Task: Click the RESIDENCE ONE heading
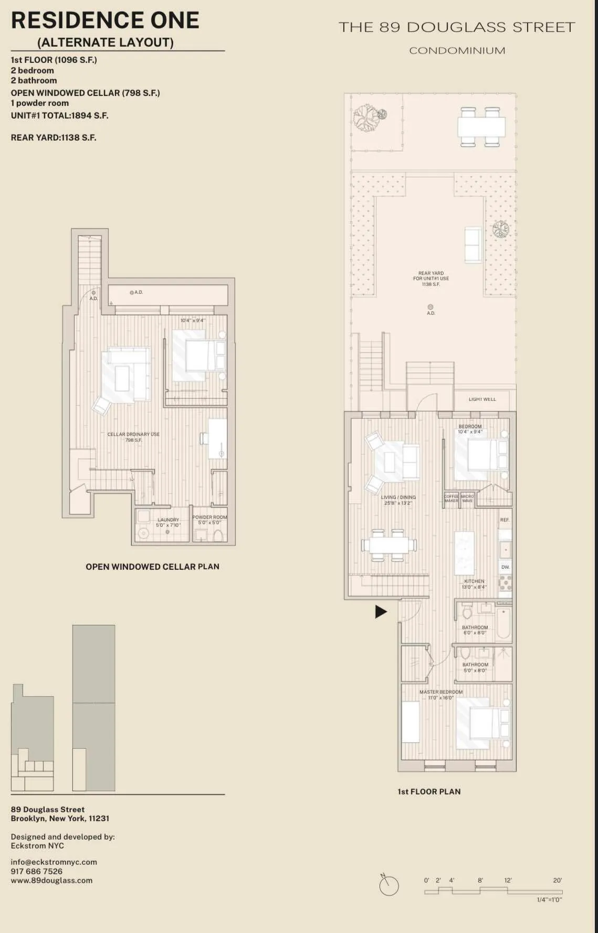click(105, 20)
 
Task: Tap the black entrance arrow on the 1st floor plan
click(381, 611)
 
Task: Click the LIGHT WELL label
click(482, 399)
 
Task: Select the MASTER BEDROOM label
click(441, 692)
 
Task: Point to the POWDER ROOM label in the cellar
click(209, 517)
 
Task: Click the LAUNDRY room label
click(168, 520)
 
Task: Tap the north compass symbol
click(389, 886)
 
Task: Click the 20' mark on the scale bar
click(557, 881)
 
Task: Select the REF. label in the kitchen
click(505, 520)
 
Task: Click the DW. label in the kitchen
click(505, 567)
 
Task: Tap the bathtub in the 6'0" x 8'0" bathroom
click(503, 623)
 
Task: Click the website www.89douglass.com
click(51, 881)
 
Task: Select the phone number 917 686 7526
click(36, 871)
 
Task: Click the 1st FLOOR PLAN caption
click(429, 791)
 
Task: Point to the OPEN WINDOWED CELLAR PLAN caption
click(152, 567)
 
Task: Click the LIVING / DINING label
click(398, 497)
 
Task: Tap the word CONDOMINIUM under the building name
click(457, 51)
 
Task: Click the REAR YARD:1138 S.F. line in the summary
click(54, 137)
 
